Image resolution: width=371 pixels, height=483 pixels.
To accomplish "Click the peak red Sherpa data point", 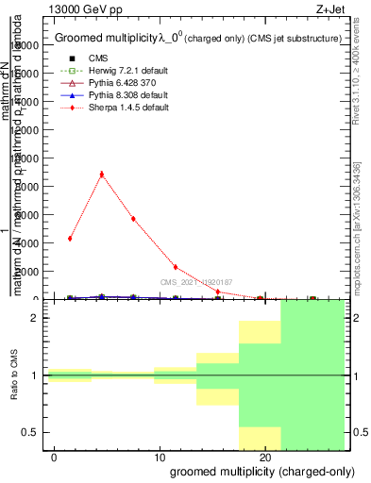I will pyautogui.click(x=102, y=174).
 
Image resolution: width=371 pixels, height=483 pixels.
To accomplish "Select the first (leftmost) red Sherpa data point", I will pyautogui.click(x=70, y=238).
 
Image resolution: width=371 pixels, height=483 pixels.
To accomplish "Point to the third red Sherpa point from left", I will pyautogui.click(x=133, y=219).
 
